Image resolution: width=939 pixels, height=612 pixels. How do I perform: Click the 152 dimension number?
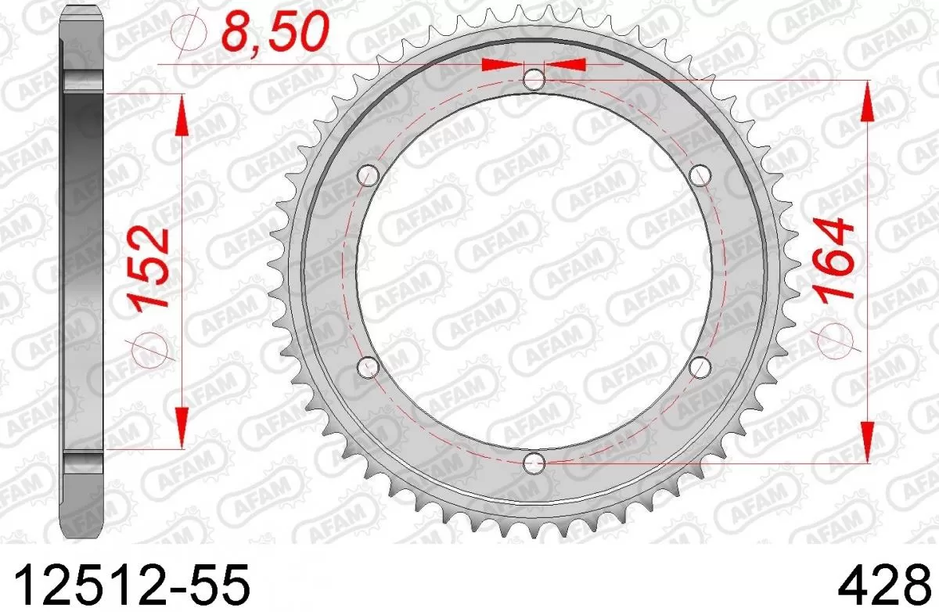(x=151, y=268)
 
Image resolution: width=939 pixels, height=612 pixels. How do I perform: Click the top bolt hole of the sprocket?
(x=534, y=78)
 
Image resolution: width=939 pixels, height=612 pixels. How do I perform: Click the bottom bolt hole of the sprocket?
(x=534, y=462)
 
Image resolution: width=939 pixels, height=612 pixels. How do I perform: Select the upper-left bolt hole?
(x=368, y=174)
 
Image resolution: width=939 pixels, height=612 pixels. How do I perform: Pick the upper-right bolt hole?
(x=700, y=174)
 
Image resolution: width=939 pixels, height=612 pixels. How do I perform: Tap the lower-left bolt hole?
(x=368, y=365)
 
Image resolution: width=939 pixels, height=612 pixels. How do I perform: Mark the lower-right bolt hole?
(x=700, y=365)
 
